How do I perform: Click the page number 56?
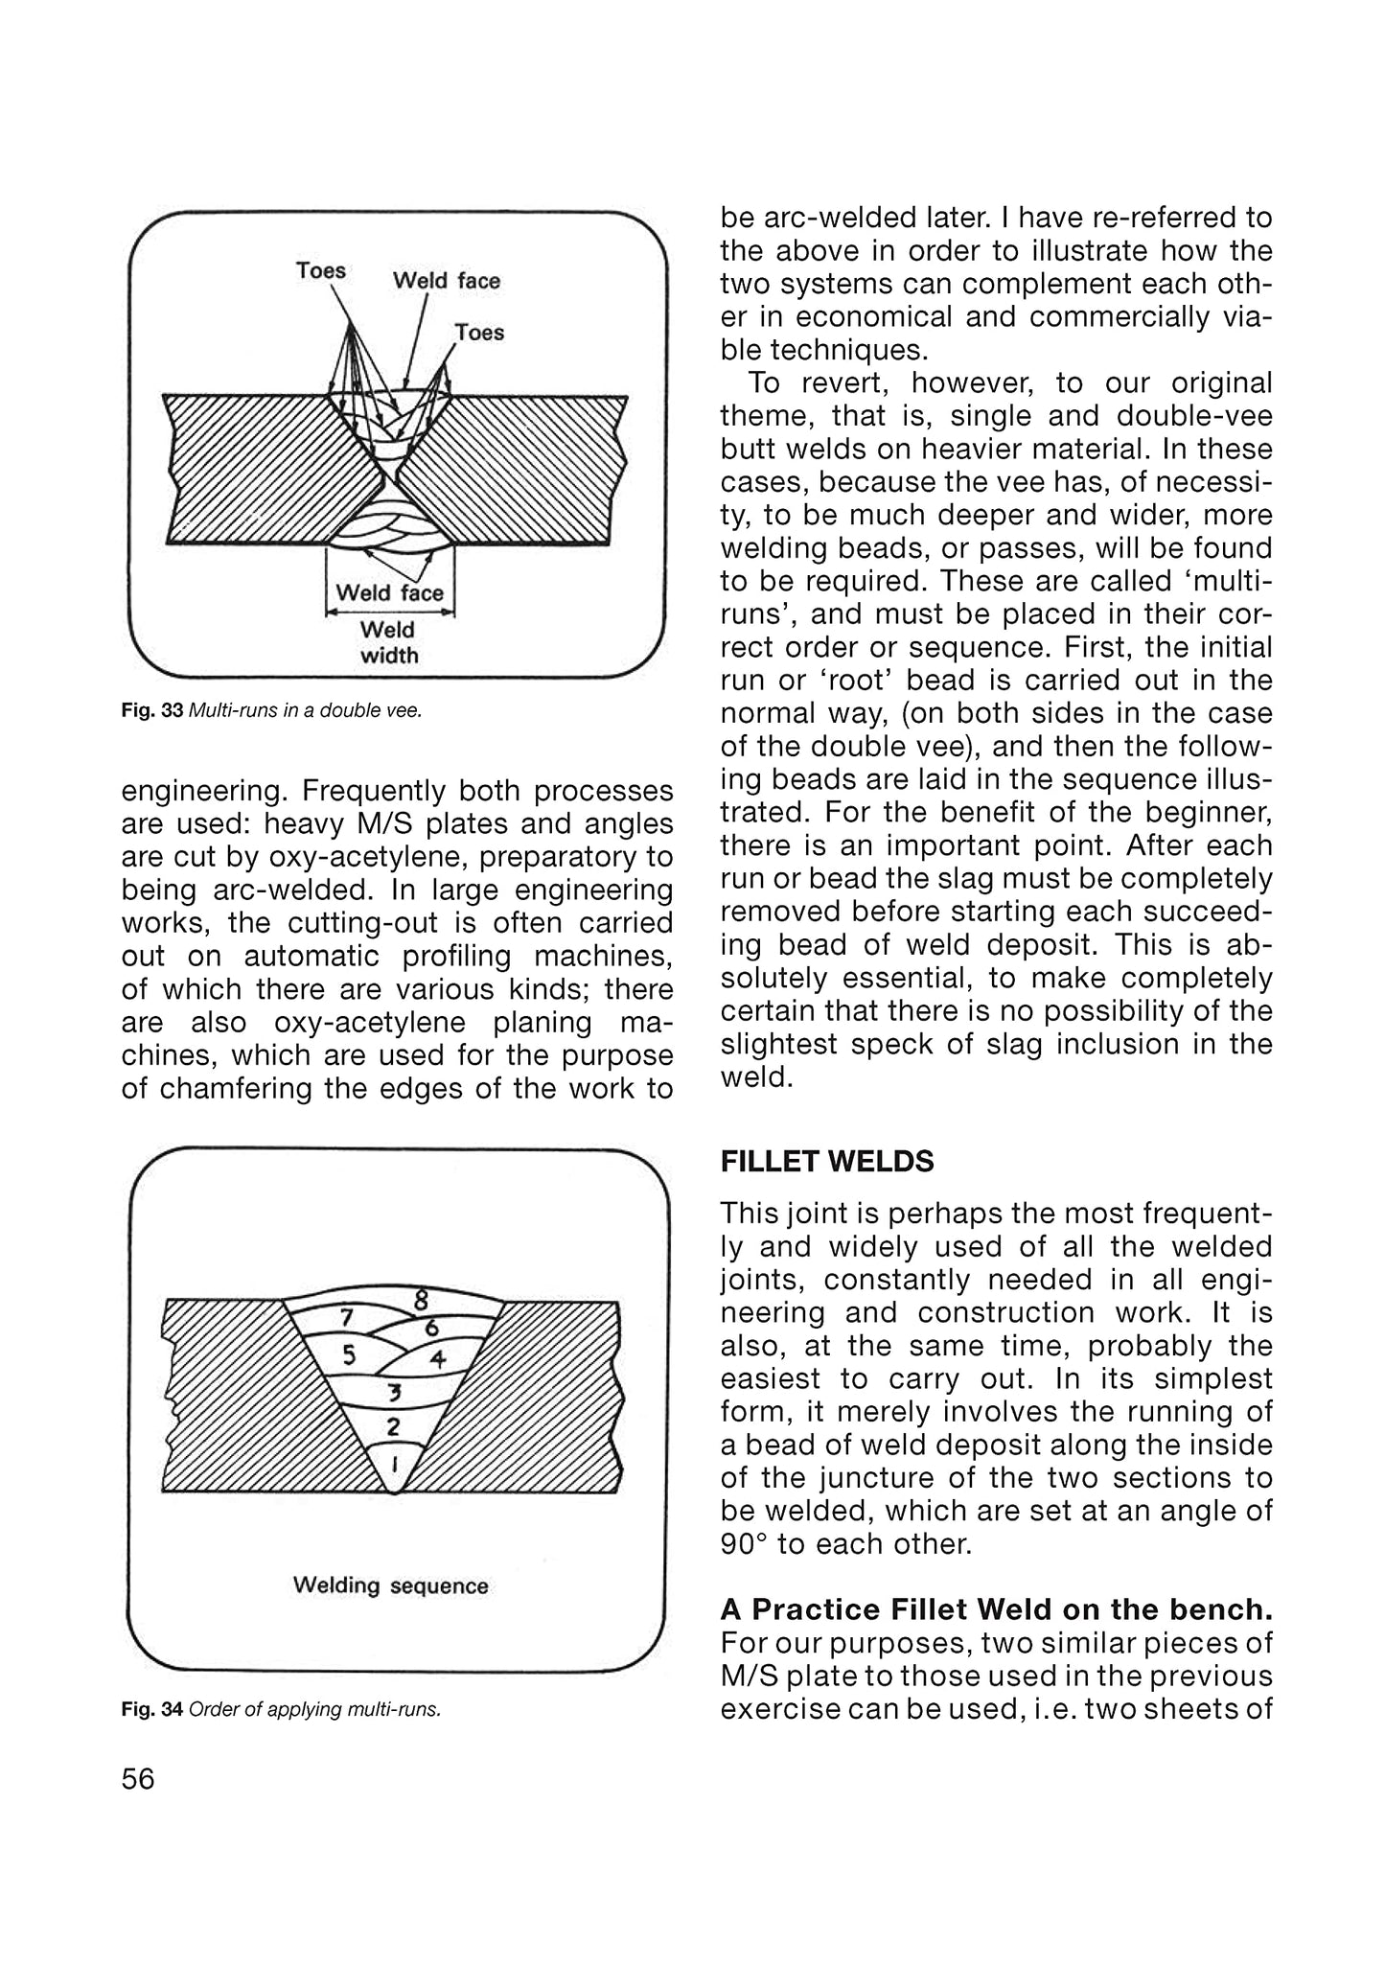[x=138, y=1779]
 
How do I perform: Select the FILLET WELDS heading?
[x=826, y=1162]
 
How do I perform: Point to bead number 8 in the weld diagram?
[x=420, y=1301]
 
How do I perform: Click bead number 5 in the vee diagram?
[x=350, y=1355]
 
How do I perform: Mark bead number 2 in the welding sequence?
[x=393, y=1426]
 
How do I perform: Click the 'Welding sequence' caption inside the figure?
[x=390, y=1585]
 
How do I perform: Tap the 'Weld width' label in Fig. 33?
[x=389, y=642]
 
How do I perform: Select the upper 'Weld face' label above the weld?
[x=446, y=281]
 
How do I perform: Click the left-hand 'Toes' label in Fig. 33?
[x=320, y=270]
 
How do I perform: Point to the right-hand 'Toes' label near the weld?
[x=478, y=333]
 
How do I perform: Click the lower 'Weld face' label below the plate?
[x=389, y=592]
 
